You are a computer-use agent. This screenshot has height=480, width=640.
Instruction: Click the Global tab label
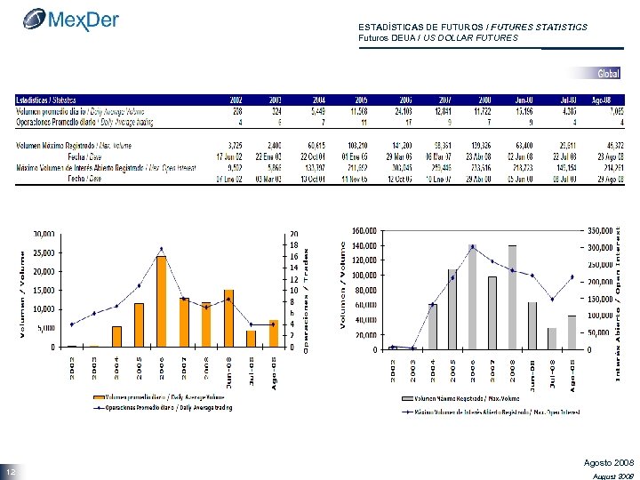[609, 73]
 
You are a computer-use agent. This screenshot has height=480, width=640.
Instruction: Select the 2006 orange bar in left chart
[161, 301]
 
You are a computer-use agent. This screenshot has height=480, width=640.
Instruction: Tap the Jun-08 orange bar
[228, 318]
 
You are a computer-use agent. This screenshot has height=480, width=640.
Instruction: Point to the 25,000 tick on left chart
[44, 252]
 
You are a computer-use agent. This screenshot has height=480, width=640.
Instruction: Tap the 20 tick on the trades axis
[294, 234]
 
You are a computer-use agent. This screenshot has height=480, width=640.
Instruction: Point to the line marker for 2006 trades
[161, 249]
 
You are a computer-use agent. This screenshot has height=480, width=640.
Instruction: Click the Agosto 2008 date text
[609, 464]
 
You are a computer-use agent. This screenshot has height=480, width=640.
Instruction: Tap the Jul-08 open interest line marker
[552, 299]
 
